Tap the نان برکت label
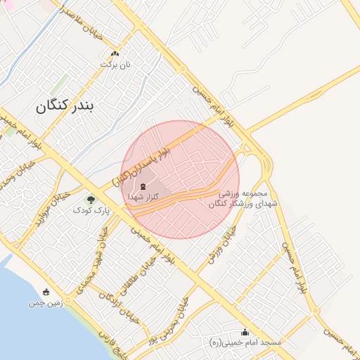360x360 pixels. [115, 64]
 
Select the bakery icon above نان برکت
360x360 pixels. [115, 53]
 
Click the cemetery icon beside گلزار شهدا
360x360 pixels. [143, 186]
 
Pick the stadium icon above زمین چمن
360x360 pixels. [46, 292]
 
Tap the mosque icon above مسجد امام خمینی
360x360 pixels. [245, 332]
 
